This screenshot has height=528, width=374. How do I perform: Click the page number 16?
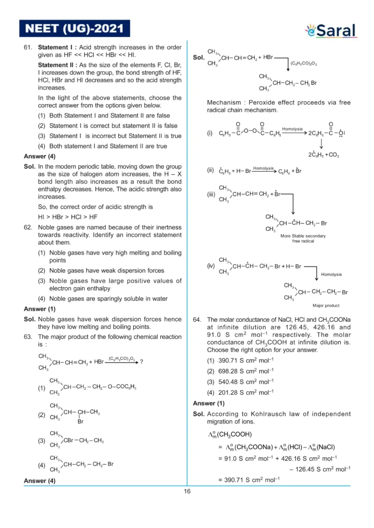187,491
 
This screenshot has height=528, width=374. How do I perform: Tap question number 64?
197,319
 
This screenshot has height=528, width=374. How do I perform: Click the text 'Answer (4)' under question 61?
39,156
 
